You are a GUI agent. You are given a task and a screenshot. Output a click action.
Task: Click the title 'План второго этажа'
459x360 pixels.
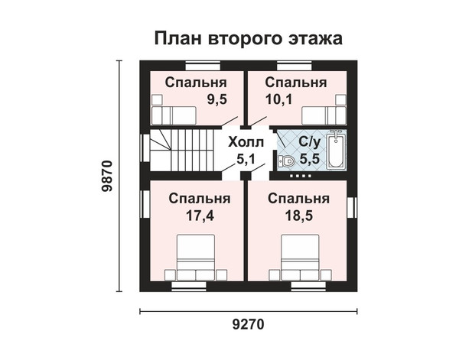[x=248, y=39]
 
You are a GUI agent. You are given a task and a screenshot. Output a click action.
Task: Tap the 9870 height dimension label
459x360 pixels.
[x=107, y=176]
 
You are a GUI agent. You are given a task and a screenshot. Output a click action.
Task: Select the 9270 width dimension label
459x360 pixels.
[x=248, y=324]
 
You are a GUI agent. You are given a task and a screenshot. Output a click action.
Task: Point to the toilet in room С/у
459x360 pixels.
[x=286, y=161]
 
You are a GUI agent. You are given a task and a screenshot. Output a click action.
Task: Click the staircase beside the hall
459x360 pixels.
[x=182, y=151]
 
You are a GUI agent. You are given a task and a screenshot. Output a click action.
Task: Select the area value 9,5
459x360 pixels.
[x=217, y=99]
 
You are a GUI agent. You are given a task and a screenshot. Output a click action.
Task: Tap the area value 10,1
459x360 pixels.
[x=278, y=99]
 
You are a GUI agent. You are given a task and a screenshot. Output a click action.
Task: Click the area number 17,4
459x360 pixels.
[x=200, y=216]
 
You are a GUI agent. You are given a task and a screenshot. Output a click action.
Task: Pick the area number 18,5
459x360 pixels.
[x=299, y=216]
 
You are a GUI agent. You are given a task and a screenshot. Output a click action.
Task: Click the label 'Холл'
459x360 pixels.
[x=246, y=142]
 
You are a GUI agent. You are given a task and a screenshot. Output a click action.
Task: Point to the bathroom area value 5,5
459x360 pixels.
[x=309, y=159]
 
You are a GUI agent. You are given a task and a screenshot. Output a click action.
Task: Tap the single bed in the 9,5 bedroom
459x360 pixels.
[x=174, y=116]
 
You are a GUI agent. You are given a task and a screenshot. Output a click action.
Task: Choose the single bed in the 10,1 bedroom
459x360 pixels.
[x=324, y=116]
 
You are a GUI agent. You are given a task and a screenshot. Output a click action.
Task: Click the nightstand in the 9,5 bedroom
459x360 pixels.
[x=157, y=100]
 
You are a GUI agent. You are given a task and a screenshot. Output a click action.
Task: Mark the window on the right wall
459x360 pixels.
[x=352, y=208]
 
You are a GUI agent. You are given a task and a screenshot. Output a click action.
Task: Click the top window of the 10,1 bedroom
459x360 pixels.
[x=295, y=66]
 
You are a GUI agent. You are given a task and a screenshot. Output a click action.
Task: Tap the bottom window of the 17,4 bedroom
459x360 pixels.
[x=189, y=287]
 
